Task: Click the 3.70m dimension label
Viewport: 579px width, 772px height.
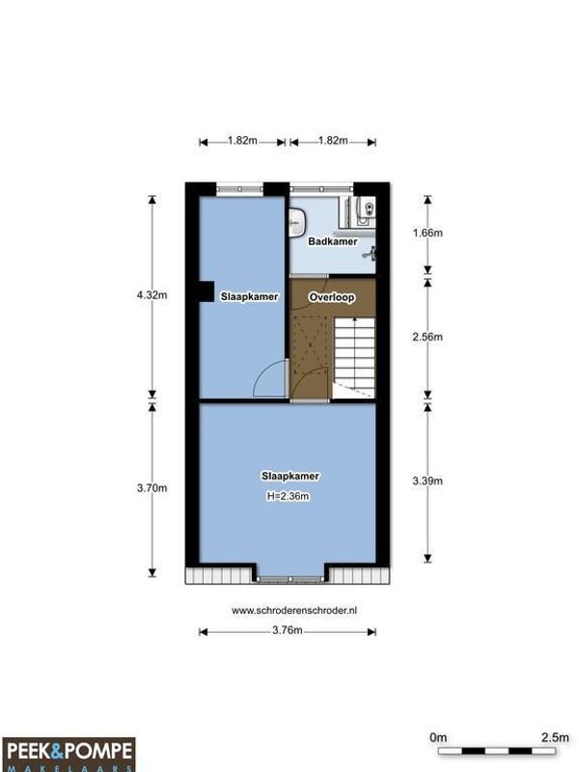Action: click(152, 488)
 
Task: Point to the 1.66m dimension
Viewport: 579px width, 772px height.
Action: click(427, 234)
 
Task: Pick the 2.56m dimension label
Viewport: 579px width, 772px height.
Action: click(427, 337)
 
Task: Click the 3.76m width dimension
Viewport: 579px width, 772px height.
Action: click(287, 631)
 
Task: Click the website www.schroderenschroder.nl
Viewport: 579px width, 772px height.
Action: click(289, 610)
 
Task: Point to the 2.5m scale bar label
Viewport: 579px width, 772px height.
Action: click(554, 737)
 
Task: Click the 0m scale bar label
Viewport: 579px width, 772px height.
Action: click(438, 737)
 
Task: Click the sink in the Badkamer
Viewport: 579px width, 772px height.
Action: click(295, 225)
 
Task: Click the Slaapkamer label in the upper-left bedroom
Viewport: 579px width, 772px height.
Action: click(249, 297)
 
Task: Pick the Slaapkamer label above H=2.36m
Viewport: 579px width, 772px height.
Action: click(289, 477)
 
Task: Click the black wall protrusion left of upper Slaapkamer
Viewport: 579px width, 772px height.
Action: click(206, 290)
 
